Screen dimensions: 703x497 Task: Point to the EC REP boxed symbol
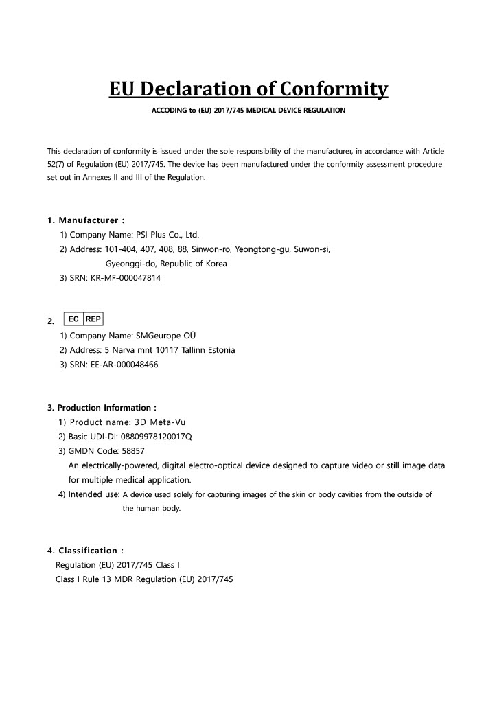click(x=83, y=319)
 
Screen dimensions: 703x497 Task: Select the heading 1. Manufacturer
click(x=86, y=220)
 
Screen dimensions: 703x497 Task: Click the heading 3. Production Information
click(x=102, y=408)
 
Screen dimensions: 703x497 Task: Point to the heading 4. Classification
click(x=86, y=551)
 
